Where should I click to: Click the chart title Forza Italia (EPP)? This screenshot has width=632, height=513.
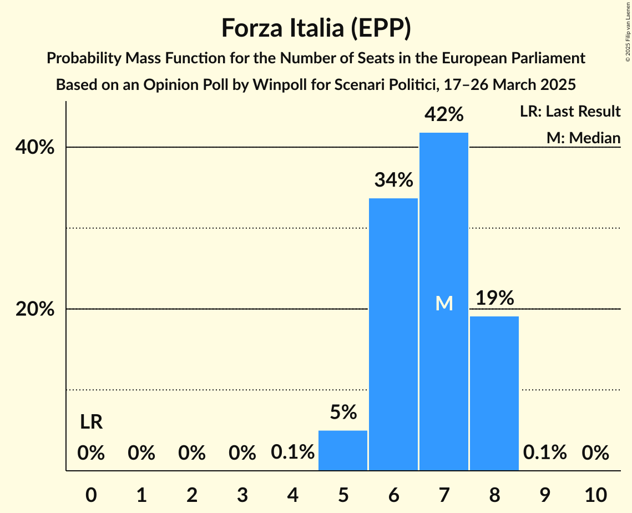[x=316, y=28]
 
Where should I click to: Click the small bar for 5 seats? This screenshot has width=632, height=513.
[x=343, y=450]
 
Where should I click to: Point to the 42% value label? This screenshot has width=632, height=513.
[x=444, y=114]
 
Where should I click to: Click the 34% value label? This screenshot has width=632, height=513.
[x=393, y=180]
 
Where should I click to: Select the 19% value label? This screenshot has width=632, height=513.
[x=494, y=298]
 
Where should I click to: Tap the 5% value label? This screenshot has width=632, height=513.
[x=343, y=412]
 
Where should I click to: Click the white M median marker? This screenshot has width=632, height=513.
[x=444, y=303]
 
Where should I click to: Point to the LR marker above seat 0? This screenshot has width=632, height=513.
[x=91, y=423]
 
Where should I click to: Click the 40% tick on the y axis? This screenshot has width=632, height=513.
[x=35, y=148]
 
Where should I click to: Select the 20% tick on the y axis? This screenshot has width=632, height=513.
[x=35, y=309]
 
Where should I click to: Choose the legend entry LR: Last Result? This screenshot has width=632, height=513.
[x=570, y=112]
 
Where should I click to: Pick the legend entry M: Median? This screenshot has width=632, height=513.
[x=583, y=138]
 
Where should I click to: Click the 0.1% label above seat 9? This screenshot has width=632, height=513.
[x=545, y=453]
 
